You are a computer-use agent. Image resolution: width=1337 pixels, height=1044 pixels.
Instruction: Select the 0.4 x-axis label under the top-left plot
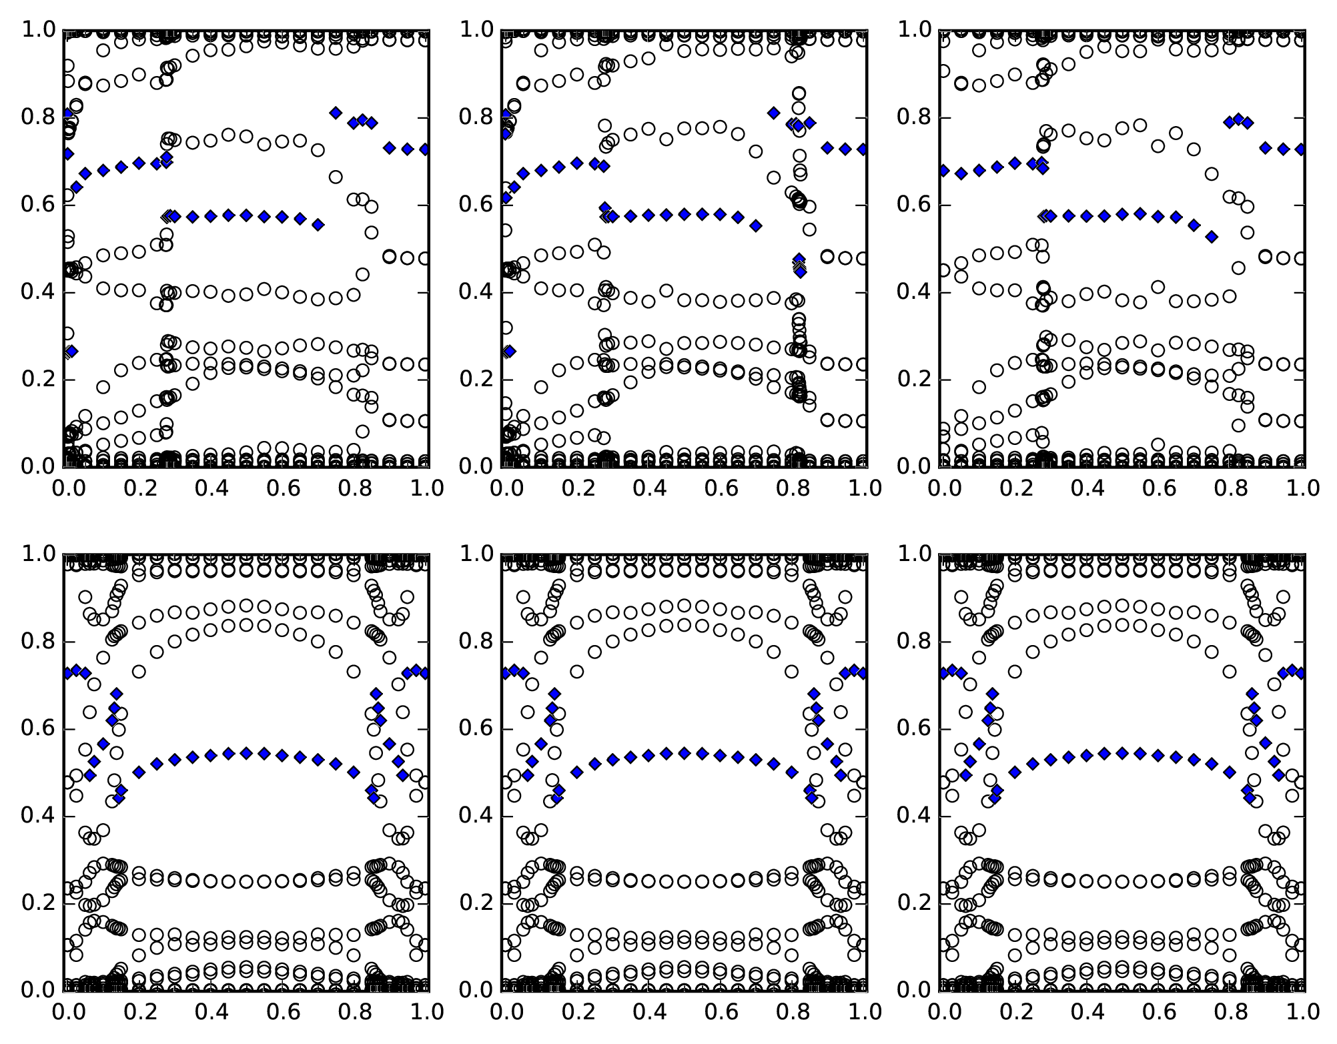click(210, 488)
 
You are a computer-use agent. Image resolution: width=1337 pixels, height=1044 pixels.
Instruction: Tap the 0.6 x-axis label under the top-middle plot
click(720, 488)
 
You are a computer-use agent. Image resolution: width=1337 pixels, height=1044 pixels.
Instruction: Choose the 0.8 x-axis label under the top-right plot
click(1230, 488)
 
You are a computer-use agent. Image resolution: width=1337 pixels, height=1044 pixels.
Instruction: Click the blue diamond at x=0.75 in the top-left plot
click(336, 113)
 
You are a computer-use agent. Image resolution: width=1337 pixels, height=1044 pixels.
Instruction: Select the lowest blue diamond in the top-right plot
click(1212, 236)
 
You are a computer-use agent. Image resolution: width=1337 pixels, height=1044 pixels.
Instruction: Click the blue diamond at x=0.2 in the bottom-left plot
click(139, 772)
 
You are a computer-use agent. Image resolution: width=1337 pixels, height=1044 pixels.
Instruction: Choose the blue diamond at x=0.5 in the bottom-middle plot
click(684, 753)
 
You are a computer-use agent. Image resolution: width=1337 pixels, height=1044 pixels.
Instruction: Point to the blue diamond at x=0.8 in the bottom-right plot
click(1230, 772)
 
